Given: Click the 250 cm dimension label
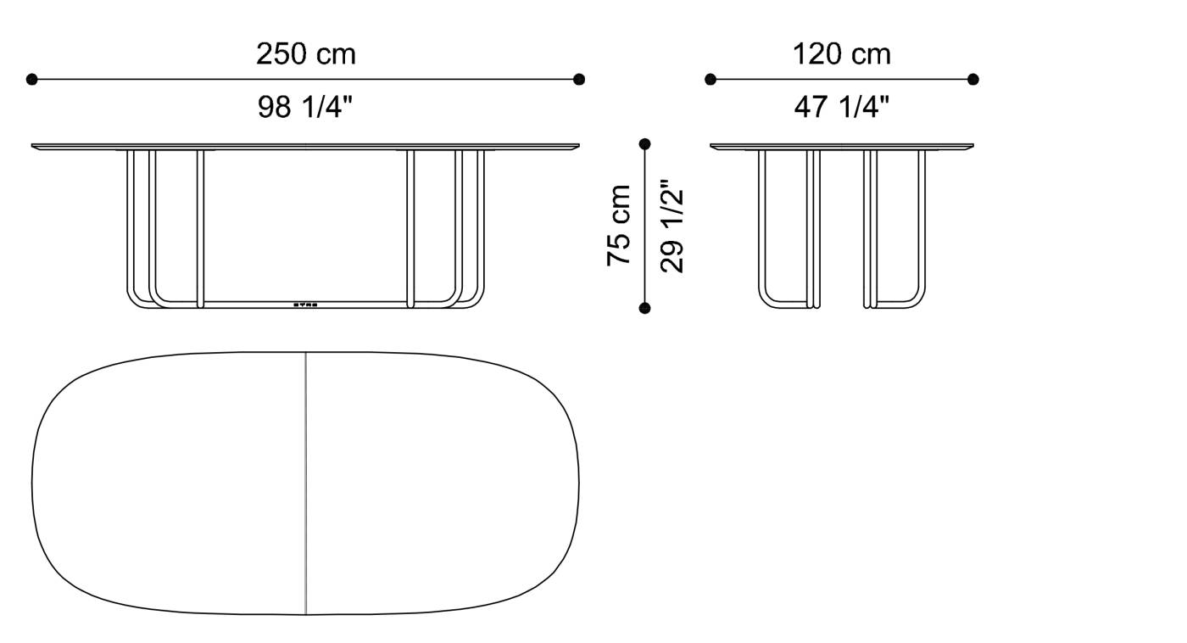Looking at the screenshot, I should pos(306,54).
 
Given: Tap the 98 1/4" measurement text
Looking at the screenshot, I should pos(305,107).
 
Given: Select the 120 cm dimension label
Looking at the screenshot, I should pos(842,54).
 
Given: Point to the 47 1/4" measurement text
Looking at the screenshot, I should pos(842,107).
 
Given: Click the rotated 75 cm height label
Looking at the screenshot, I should pos(620,226).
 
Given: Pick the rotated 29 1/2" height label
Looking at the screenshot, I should pos(672,226).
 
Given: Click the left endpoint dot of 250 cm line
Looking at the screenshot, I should pos(32,80).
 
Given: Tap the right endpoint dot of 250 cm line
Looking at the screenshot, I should pos(579,80).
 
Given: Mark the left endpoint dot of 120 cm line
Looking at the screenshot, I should pos(711,80).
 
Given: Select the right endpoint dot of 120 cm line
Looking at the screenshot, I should pos(973,80).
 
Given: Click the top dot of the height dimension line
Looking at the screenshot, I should pos(645,144).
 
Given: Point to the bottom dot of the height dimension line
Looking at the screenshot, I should pos(645,308).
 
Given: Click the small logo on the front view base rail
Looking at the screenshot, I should pos(305,303).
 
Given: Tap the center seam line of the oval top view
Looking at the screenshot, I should pos(305,484).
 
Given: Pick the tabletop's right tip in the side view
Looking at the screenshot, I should pos(972,146).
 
